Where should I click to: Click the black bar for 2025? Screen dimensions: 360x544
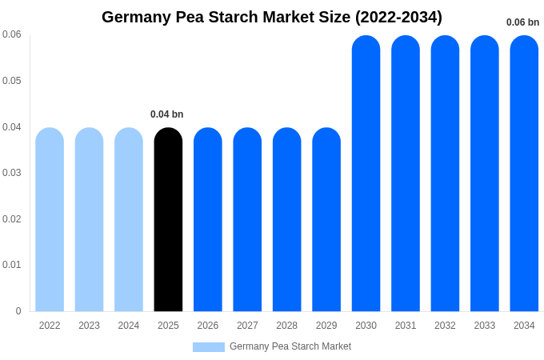tap(168, 220)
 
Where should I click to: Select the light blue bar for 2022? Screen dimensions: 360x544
tap(50, 220)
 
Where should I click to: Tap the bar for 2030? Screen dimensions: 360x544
tap(366, 174)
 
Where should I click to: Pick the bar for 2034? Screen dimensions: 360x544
tap(524, 174)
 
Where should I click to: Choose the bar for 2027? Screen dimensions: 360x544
tap(247, 220)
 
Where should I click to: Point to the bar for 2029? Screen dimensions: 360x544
tap(326, 220)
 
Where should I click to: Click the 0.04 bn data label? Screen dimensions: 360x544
tap(167, 114)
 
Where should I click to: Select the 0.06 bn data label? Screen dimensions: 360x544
tap(522, 22)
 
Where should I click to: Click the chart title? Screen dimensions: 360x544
tap(272, 17)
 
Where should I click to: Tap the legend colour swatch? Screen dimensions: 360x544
tap(209, 346)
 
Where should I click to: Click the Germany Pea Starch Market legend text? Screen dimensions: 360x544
tap(290, 346)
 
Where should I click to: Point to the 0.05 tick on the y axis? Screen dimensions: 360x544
tap(12, 81)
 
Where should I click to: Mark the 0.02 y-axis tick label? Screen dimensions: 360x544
tap(12, 219)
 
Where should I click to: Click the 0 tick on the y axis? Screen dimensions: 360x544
tap(18, 311)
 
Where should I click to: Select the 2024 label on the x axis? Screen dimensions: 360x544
tap(129, 326)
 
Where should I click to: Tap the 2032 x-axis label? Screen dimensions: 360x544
tap(445, 326)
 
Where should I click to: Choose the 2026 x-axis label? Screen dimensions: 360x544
tap(208, 326)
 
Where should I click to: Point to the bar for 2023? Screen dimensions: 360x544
tap(89, 220)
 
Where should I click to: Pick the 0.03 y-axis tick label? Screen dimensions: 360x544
tap(12, 173)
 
